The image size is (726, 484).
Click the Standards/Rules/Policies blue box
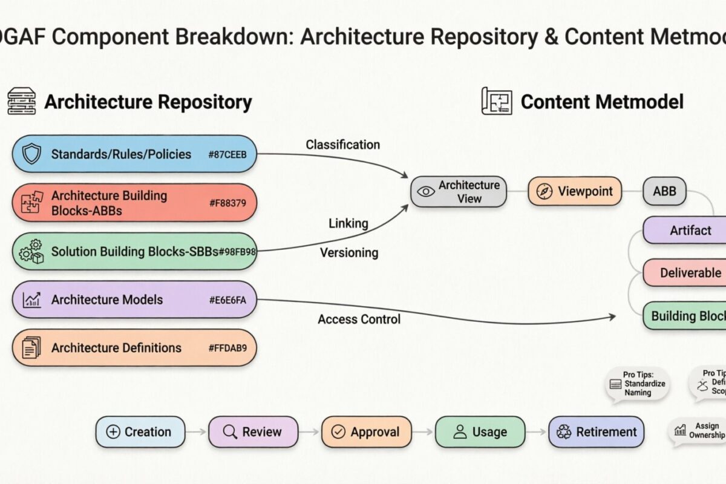(134, 154)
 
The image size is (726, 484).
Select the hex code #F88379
(227, 203)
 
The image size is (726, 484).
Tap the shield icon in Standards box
(31, 154)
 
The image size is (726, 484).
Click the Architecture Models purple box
(134, 299)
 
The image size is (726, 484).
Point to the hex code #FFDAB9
(232, 348)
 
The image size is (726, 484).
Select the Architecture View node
(459, 191)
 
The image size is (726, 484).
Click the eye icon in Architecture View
(426, 191)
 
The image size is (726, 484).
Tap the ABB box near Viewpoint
(664, 191)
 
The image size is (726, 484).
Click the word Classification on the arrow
(342, 145)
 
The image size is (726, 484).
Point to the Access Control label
(359, 319)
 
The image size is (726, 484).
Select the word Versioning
(349, 252)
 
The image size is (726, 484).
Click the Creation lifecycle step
(139, 432)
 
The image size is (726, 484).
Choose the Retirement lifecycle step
(596, 432)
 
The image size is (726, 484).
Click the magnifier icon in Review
(229, 432)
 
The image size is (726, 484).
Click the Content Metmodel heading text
(602, 102)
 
